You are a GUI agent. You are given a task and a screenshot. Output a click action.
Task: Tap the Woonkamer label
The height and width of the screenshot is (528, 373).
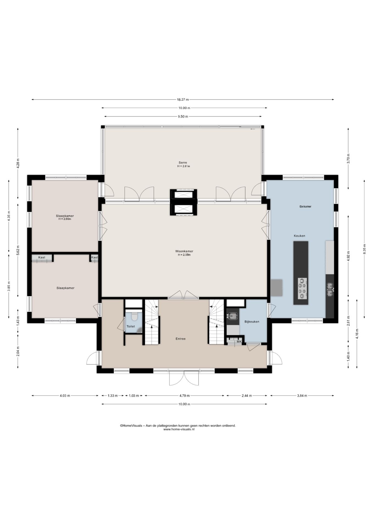tap(184, 251)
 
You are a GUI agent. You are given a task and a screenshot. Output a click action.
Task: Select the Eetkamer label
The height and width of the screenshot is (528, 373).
tap(305, 207)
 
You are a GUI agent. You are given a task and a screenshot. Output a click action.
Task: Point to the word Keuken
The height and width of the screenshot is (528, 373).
tap(299, 236)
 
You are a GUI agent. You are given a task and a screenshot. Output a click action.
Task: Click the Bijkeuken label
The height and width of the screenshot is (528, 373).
tap(252, 321)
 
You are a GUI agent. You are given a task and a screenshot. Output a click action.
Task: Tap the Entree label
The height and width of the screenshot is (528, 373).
tap(180, 339)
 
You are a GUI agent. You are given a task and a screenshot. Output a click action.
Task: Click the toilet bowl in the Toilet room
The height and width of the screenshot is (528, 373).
tap(134, 317)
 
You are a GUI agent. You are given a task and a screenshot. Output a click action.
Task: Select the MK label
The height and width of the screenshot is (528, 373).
tap(239, 342)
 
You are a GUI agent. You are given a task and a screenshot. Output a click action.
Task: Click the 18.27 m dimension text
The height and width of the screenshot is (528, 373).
tap(183, 100)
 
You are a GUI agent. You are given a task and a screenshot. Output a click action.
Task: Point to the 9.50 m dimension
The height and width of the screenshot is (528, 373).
tap(183, 116)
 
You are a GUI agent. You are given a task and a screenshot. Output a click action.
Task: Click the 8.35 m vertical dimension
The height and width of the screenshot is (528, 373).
tap(364, 249)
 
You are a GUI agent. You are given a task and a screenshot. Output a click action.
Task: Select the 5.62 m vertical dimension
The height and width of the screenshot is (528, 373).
tap(18, 250)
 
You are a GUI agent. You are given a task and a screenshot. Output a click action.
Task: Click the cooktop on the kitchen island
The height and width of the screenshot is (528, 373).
tap(302, 288)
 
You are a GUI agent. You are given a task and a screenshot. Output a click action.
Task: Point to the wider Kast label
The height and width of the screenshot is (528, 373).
tap(42, 257)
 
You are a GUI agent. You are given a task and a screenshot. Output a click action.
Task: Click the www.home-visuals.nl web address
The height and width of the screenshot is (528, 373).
tap(179, 429)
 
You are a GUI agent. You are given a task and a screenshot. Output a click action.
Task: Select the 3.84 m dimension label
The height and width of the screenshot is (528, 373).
tap(302, 396)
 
